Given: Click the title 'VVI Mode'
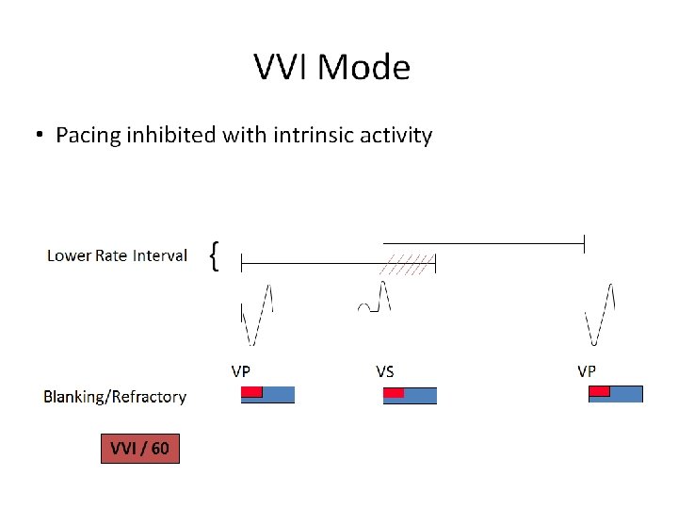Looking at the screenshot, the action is [x=331, y=68].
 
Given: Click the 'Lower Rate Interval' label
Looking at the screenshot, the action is [x=117, y=255].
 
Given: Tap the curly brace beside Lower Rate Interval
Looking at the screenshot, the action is [x=216, y=255].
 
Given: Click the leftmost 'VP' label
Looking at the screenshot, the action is [x=241, y=370].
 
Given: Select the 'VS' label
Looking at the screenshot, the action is [x=384, y=370].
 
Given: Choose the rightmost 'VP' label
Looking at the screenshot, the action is [x=587, y=370].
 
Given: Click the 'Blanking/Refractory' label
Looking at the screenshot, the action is [x=115, y=397].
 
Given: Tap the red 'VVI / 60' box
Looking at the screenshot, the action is [x=139, y=448].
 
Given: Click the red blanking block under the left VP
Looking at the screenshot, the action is [x=250, y=392].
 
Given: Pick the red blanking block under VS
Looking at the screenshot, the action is [x=394, y=392].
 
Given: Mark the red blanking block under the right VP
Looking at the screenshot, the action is [x=599, y=391].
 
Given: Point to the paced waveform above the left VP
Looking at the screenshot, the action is [x=256, y=315].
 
